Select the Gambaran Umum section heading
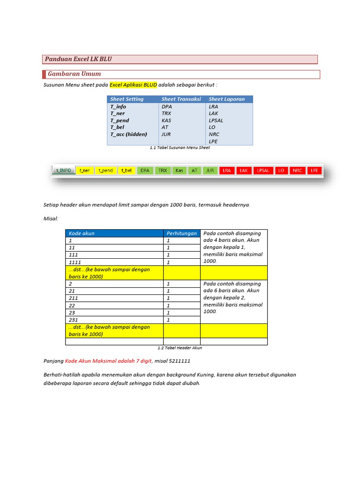coord(74,74)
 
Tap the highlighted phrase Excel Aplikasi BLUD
coord(133,85)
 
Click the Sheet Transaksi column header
coord(181,99)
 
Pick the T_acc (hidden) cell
coord(128,134)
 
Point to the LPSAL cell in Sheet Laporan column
coord(216,120)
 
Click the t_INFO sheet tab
coord(64,171)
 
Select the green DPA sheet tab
coord(145,171)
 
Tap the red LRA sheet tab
coord(227,171)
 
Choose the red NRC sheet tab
coord(297,171)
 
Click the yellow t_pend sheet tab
coord(105,171)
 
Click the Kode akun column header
coord(82,233)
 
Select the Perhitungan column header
coord(181,233)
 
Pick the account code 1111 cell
coord(75,262)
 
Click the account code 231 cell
coord(73,320)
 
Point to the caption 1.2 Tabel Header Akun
coord(180,348)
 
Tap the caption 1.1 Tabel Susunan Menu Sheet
coord(180,148)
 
